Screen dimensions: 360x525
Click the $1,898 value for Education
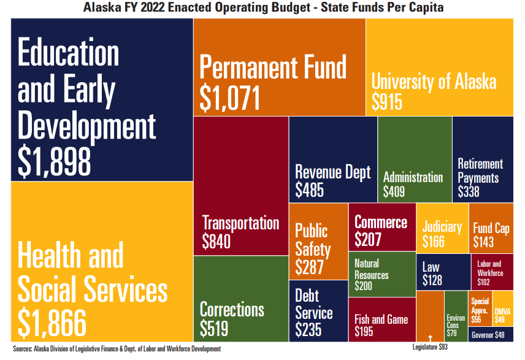click(x=55, y=161)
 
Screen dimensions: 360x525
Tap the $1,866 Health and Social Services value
click(x=52, y=321)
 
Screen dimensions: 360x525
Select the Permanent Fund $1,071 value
click(x=231, y=98)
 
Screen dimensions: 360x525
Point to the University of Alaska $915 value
click(x=387, y=101)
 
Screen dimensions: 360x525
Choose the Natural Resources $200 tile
click(x=381, y=274)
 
